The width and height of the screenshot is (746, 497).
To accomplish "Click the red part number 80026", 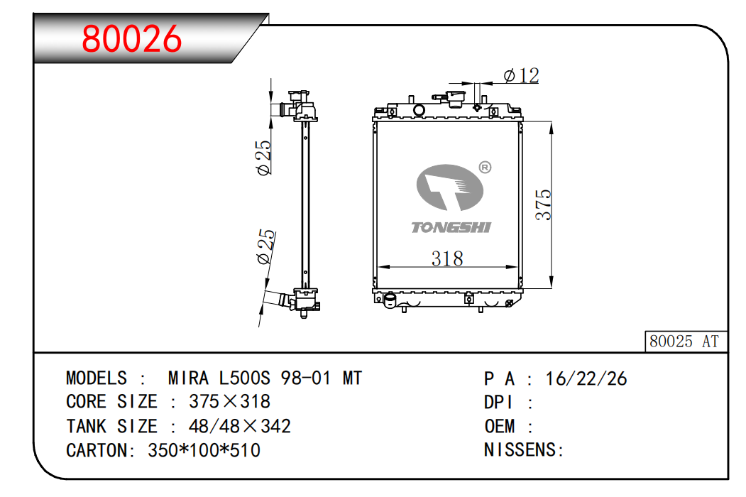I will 132,39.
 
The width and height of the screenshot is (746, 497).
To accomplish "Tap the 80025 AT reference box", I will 684,342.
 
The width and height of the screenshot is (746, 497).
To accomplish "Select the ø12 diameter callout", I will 521,75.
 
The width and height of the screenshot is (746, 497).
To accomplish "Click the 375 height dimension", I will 543,204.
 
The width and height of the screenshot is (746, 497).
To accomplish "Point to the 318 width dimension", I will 447,258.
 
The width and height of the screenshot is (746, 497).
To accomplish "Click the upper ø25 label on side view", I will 263,158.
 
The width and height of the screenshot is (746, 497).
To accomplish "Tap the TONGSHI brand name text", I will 451,227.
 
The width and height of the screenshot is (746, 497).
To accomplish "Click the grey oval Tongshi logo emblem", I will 449,187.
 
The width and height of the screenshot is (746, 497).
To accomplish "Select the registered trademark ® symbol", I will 486,168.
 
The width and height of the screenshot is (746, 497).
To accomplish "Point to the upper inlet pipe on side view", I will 287,109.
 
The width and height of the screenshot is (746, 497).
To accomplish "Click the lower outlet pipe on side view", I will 279,300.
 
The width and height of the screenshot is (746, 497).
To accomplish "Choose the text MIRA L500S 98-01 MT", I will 265,378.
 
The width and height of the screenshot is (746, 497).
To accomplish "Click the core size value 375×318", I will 229,402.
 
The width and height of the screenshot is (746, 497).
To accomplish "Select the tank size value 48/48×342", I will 239,426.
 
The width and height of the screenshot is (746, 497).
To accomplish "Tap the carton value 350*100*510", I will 204,450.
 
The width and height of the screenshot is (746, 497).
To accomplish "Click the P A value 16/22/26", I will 586,378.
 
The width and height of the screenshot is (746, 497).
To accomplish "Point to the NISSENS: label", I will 524,450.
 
